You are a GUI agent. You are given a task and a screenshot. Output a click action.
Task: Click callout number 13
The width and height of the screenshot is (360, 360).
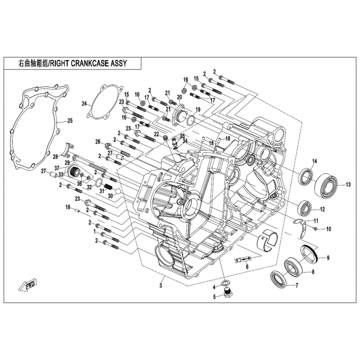click(348, 184)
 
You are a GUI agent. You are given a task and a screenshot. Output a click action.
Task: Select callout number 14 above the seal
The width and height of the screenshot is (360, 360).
click(315, 161)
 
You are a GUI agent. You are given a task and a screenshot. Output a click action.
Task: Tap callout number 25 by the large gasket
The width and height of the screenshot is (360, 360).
click(70, 120)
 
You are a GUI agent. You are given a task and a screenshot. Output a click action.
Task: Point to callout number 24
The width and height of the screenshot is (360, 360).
click(84, 103)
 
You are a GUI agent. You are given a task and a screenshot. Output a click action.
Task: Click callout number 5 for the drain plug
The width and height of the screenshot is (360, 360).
click(215, 297)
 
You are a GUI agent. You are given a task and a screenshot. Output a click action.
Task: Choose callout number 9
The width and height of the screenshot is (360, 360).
click(328, 258)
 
